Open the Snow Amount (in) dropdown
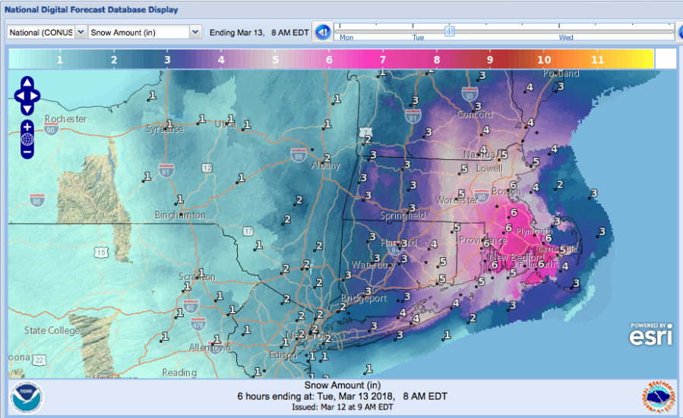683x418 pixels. pos(144,32)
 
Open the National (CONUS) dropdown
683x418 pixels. pos(47,32)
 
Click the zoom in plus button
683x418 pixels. pos(27,126)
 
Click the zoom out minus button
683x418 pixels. pos(27,152)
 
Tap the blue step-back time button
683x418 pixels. pos(322,32)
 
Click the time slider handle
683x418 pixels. pos(450,31)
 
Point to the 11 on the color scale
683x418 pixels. pos(597,59)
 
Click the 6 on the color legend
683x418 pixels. pos(329,59)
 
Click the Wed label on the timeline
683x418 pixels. pos(566,37)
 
